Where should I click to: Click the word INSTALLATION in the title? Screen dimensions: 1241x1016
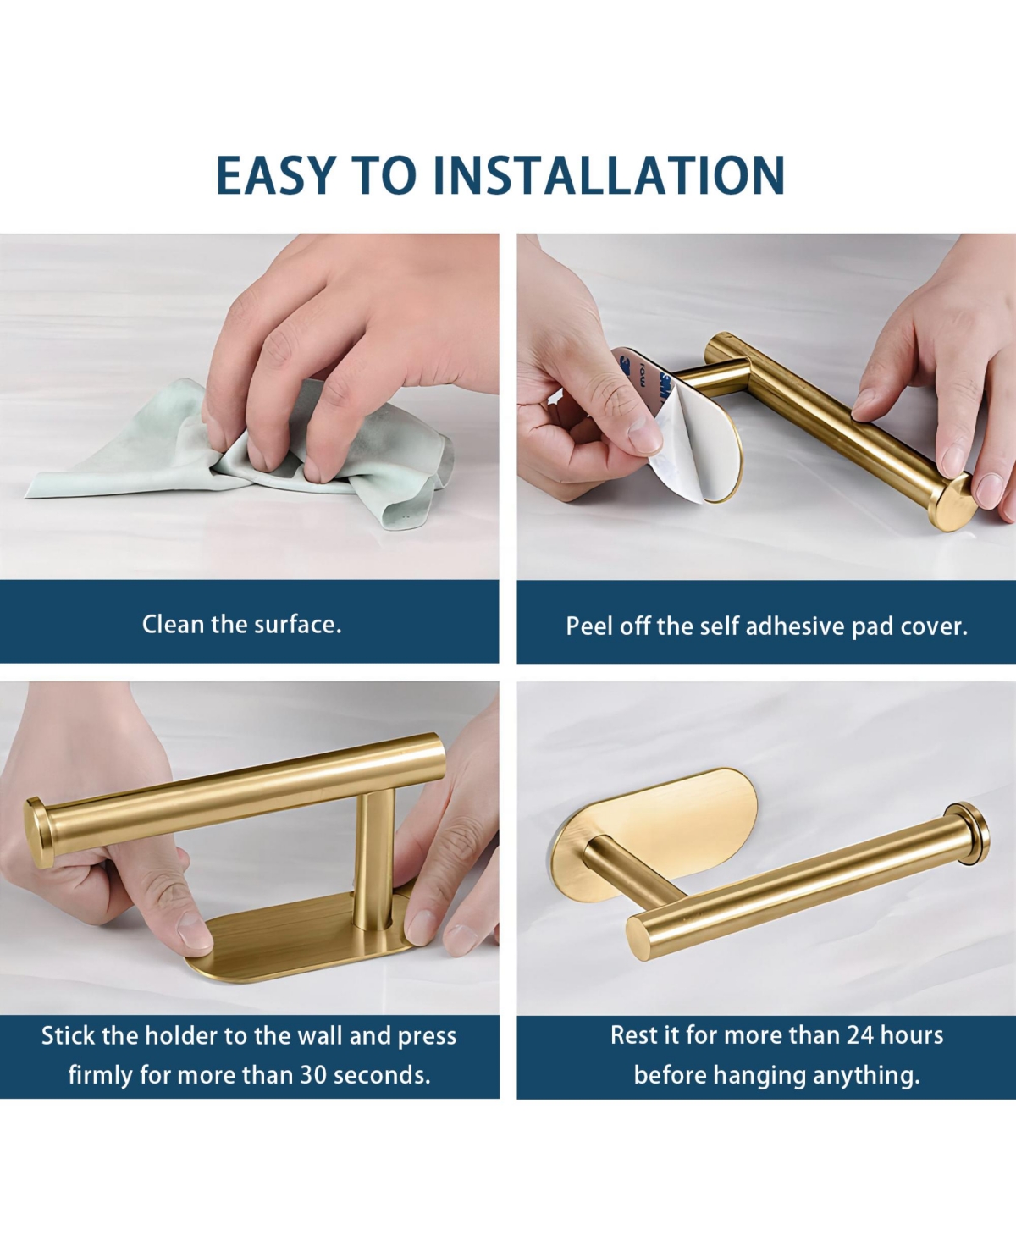click(x=610, y=175)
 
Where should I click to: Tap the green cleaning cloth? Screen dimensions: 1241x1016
click(x=127, y=457)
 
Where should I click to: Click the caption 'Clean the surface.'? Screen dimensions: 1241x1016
click(x=241, y=625)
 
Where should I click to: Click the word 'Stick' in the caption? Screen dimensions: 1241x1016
click(x=68, y=1036)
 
